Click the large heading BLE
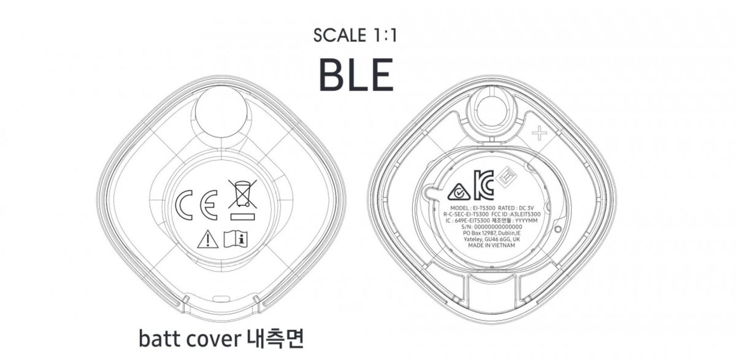click(x=356, y=75)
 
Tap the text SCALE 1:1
click(x=355, y=35)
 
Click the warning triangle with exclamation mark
click(x=208, y=239)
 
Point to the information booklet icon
click(x=235, y=239)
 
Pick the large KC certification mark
click(x=484, y=185)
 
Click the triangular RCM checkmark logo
click(x=459, y=192)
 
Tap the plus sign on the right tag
click(x=539, y=133)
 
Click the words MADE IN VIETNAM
click(x=491, y=245)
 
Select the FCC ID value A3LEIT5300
click(x=525, y=214)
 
